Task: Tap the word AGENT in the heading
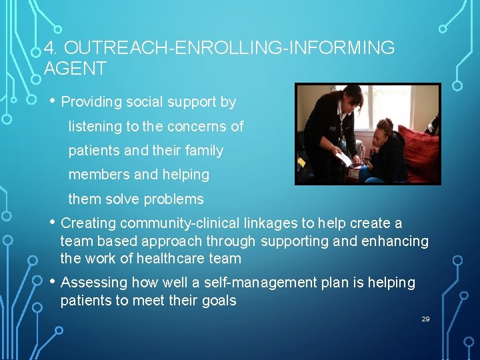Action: (75, 68)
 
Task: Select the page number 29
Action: (425, 319)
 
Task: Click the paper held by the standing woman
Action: (344, 159)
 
